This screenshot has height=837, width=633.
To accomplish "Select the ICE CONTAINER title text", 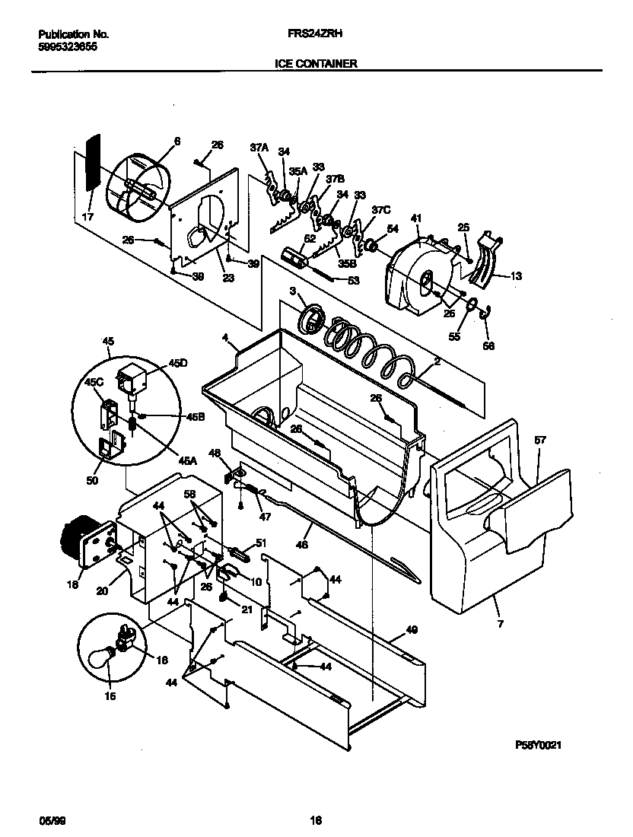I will pos(316,65).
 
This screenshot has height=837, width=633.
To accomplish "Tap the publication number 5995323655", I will pos(68,46).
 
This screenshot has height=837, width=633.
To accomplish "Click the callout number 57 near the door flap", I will pos(540,441).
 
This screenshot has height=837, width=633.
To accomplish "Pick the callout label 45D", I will pos(177,364).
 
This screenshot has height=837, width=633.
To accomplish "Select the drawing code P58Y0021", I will pos(538,746).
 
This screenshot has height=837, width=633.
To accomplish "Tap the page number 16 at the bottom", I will pos(316,820).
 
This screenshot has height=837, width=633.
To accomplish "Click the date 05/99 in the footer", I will pos(50,820).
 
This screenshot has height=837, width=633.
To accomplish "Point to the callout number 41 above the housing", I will pos(415,219).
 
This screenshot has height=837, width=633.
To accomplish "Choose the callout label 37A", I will pos(259,147).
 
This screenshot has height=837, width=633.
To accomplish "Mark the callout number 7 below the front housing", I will pos(500,624).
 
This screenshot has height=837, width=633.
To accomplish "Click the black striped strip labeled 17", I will pos(93,164).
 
